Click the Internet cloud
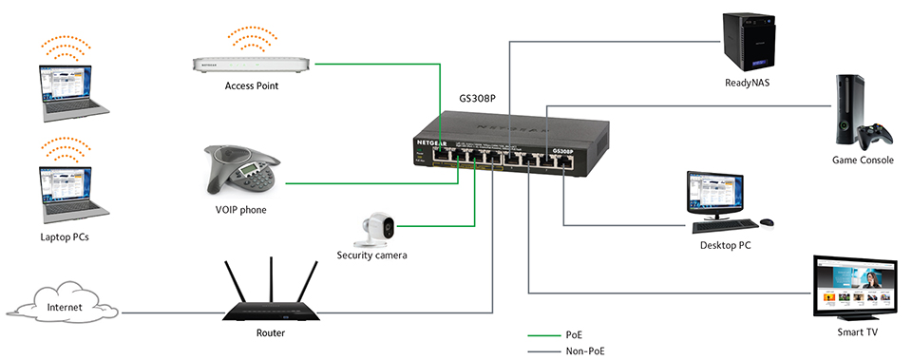[61, 307]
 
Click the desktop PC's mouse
[767, 222]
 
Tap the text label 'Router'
[270, 333]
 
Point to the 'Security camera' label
[372, 255]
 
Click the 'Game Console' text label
[863, 161]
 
